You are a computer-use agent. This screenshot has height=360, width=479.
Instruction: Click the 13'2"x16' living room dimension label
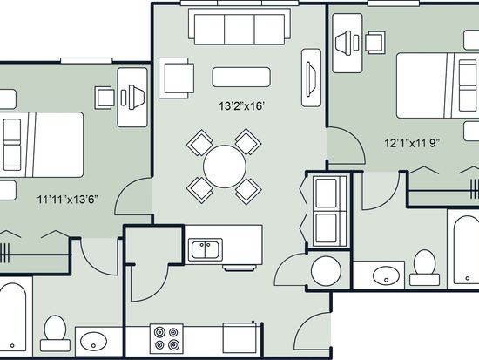[241, 106]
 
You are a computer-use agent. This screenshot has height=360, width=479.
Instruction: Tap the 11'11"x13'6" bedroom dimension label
[68, 200]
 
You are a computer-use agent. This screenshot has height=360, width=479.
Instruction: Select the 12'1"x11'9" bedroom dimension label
[412, 143]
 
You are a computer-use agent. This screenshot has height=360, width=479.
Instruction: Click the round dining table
[225, 166]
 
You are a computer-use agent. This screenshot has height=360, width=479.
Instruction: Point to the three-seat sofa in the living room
[239, 27]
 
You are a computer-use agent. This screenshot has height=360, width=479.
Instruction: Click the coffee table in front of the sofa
[241, 77]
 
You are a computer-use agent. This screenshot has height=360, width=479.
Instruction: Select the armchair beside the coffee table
[176, 78]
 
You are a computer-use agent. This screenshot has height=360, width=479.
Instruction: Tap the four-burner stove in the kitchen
[166, 338]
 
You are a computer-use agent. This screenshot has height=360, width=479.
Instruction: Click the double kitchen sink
[206, 249]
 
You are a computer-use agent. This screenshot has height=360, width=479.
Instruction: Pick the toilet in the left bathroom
[55, 333]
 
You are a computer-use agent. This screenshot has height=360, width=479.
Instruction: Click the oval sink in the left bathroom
[93, 341]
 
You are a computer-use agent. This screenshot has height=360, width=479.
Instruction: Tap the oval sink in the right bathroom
[386, 275]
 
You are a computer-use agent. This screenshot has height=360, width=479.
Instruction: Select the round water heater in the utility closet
[326, 271]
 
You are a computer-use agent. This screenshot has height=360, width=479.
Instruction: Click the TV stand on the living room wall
[311, 78]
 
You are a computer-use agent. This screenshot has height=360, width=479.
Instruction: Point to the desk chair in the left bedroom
[105, 98]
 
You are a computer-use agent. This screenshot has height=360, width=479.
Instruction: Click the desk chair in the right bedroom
[375, 43]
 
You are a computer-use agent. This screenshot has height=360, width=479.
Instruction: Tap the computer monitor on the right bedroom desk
[343, 43]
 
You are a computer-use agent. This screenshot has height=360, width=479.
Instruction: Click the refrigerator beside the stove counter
[240, 338]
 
